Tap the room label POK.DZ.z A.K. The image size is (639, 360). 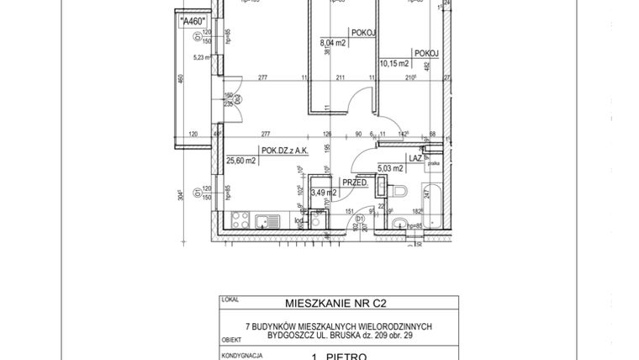tap(285, 151)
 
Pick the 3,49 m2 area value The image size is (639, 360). tap(324, 193)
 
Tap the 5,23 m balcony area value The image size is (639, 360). tap(202, 58)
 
